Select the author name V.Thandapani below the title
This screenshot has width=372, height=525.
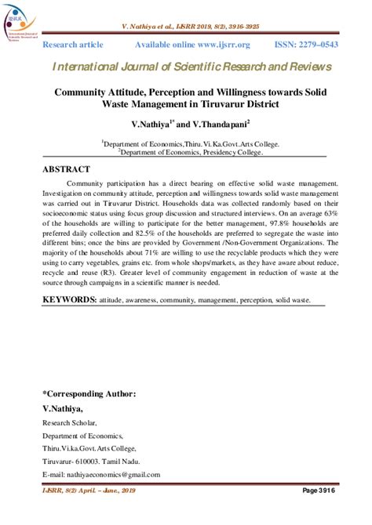pos(214,124)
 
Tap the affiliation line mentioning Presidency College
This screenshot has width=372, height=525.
pos(191,152)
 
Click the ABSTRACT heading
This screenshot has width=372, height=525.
pos(67,169)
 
